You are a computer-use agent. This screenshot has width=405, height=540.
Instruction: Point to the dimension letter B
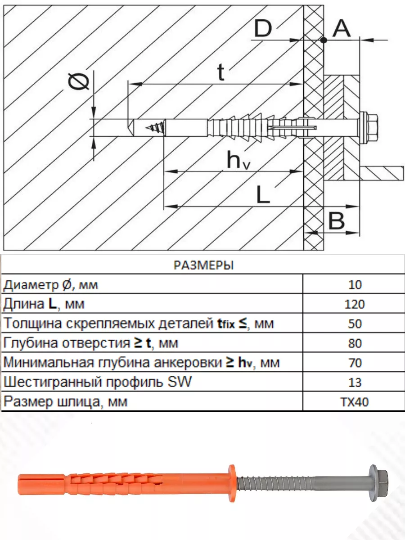click(x=337, y=221)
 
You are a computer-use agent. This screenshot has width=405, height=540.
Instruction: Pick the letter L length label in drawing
click(x=263, y=195)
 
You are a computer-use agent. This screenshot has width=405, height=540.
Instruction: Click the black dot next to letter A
click(x=324, y=40)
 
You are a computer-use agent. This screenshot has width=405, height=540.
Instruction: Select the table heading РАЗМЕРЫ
click(x=203, y=265)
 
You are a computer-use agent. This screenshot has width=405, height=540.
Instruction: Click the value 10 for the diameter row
click(x=355, y=285)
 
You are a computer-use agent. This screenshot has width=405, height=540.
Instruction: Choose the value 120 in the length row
click(x=355, y=305)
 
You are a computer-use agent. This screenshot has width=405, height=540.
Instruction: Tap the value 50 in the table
click(x=355, y=324)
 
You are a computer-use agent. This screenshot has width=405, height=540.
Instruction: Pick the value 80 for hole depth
click(x=355, y=343)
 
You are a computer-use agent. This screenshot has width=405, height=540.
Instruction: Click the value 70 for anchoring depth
click(x=355, y=363)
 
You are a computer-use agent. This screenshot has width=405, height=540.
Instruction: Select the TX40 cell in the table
click(x=355, y=401)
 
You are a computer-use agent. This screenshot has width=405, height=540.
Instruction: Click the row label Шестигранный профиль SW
click(x=97, y=382)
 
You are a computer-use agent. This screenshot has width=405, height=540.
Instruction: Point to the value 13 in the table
click(x=355, y=382)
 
